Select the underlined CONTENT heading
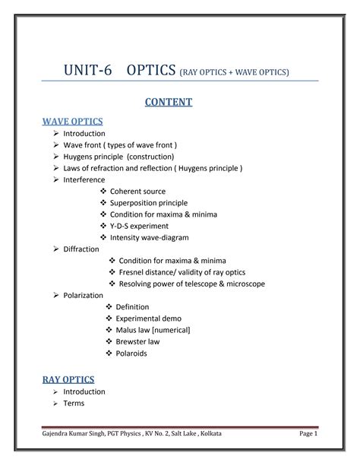180,101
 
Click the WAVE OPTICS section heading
72,121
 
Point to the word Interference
84,179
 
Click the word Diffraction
81,249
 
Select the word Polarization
85,294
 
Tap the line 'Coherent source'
137,192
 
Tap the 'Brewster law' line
138,341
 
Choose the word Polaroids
132,353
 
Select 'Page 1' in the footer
308,433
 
